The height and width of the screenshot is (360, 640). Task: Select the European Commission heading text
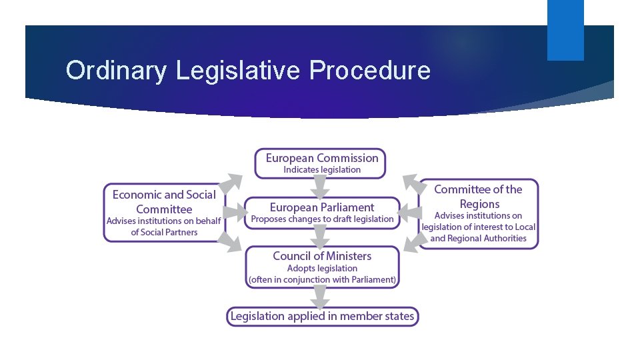click(x=321, y=158)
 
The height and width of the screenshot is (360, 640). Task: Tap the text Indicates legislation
click(x=321, y=170)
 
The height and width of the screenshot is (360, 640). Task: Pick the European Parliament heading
click(x=321, y=207)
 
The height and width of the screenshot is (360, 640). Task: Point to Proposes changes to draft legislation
click(x=322, y=219)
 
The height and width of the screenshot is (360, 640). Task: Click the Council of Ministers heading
click(x=322, y=256)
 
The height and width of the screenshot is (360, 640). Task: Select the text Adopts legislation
click(x=322, y=268)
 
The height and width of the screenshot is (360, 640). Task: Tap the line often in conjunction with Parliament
click(x=322, y=280)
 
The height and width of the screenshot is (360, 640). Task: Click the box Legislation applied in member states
click(x=322, y=316)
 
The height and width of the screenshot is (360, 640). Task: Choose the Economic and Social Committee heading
click(x=164, y=201)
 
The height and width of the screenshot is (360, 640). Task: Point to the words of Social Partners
click(x=164, y=233)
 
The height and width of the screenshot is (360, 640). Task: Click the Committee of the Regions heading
click(x=479, y=197)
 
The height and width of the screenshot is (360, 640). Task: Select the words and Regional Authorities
click(x=479, y=238)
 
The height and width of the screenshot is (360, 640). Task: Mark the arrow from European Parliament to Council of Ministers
click(x=321, y=237)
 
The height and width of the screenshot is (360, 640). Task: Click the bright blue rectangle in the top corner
click(x=565, y=29)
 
